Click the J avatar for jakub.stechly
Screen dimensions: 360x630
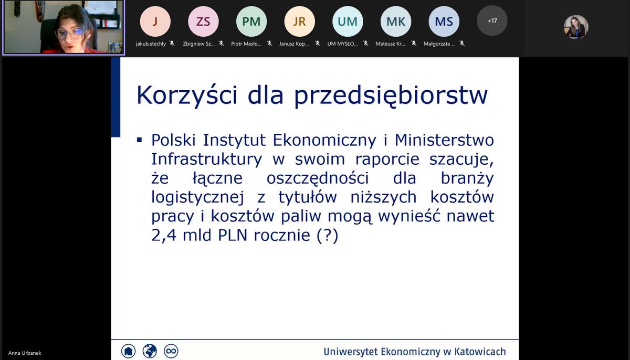(155, 21)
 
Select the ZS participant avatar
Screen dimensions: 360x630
(203, 21)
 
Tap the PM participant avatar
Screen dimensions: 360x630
(251, 21)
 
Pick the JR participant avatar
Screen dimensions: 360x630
(299, 21)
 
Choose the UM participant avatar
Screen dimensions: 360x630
(348, 21)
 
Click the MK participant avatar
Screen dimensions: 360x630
(396, 21)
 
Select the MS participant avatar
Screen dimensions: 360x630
(444, 21)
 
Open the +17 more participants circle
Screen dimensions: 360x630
(492, 21)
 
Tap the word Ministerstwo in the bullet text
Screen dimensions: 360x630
(444, 140)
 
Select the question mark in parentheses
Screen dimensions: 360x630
(328, 236)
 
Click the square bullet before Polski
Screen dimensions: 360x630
(140, 140)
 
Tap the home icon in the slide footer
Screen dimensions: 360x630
(128, 351)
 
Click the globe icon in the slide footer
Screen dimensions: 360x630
(150, 351)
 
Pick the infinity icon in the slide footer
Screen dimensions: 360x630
(171, 351)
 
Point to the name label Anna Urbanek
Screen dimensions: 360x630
(25, 353)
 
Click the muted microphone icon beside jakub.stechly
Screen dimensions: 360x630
(172, 44)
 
